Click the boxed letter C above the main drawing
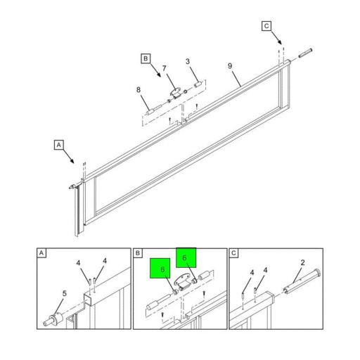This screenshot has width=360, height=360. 266,26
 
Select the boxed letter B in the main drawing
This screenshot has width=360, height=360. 146,58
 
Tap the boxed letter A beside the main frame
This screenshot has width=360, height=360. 59,145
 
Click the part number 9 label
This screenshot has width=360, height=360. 230,66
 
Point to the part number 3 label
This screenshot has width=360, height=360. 188,61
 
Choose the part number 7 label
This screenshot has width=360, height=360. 165,68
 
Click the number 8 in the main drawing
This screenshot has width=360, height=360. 139,90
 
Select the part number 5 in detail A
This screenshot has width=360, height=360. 65,293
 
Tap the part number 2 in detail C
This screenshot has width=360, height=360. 302,263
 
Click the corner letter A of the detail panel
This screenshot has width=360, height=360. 41,253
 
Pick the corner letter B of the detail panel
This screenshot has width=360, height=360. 138,253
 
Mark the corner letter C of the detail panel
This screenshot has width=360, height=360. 233,253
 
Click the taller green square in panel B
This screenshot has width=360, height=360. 186,257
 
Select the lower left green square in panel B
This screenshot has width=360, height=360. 160,269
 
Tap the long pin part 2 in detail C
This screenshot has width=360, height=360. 302,281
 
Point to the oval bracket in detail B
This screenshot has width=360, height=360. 183,281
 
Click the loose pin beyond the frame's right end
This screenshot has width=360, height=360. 305,53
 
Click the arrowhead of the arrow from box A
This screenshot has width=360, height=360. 72,161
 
